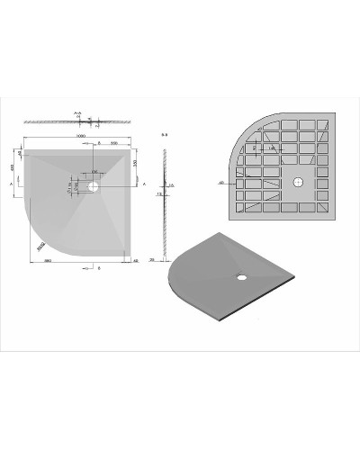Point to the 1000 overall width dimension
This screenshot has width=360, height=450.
pyautogui.click(x=81, y=137)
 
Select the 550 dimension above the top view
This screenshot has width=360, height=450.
pyautogui.click(x=114, y=144)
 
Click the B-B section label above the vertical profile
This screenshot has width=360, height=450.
pyautogui.click(x=163, y=138)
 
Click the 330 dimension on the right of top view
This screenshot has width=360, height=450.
pyautogui.click(x=134, y=166)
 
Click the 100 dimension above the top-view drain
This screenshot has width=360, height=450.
pyautogui.click(x=94, y=172)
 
